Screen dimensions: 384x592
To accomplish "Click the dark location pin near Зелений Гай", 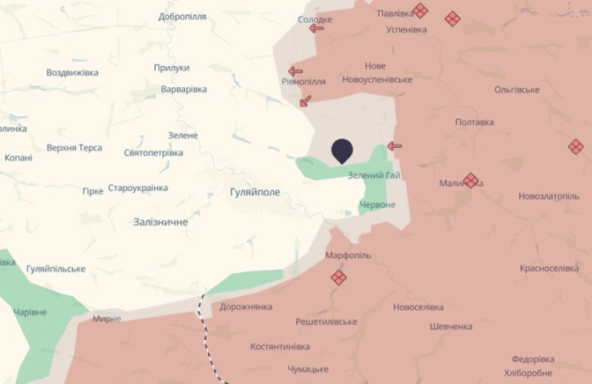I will (x=343, y=151).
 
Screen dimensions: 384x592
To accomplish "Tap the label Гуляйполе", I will (x=255, y=191).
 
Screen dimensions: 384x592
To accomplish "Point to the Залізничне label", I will (x=160, y=222).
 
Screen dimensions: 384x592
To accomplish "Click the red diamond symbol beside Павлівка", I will (x=420, y=11).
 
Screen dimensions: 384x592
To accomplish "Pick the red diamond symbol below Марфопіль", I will (x=338, y=277).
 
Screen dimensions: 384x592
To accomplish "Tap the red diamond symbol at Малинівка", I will (x=470, y=180).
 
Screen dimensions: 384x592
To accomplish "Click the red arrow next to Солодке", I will (x=316, y=28).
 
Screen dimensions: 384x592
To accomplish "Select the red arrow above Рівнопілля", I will (x=295, y=71).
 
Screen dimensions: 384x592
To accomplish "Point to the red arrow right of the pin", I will (x=395, y=146).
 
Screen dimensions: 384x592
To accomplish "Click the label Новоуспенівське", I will (x=377, y=80).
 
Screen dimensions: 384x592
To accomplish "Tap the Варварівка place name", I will (x=183, y=90).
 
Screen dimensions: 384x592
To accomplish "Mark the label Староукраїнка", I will (x=137, y=188).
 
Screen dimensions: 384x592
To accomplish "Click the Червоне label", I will (x=377, y=205).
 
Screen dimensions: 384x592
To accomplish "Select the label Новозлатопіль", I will (x=549, y=196).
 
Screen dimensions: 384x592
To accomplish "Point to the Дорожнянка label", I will (x=247, y=306).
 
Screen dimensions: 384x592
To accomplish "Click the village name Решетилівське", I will (x=326, y=322).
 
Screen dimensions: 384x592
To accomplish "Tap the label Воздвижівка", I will (x=72, y=72).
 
